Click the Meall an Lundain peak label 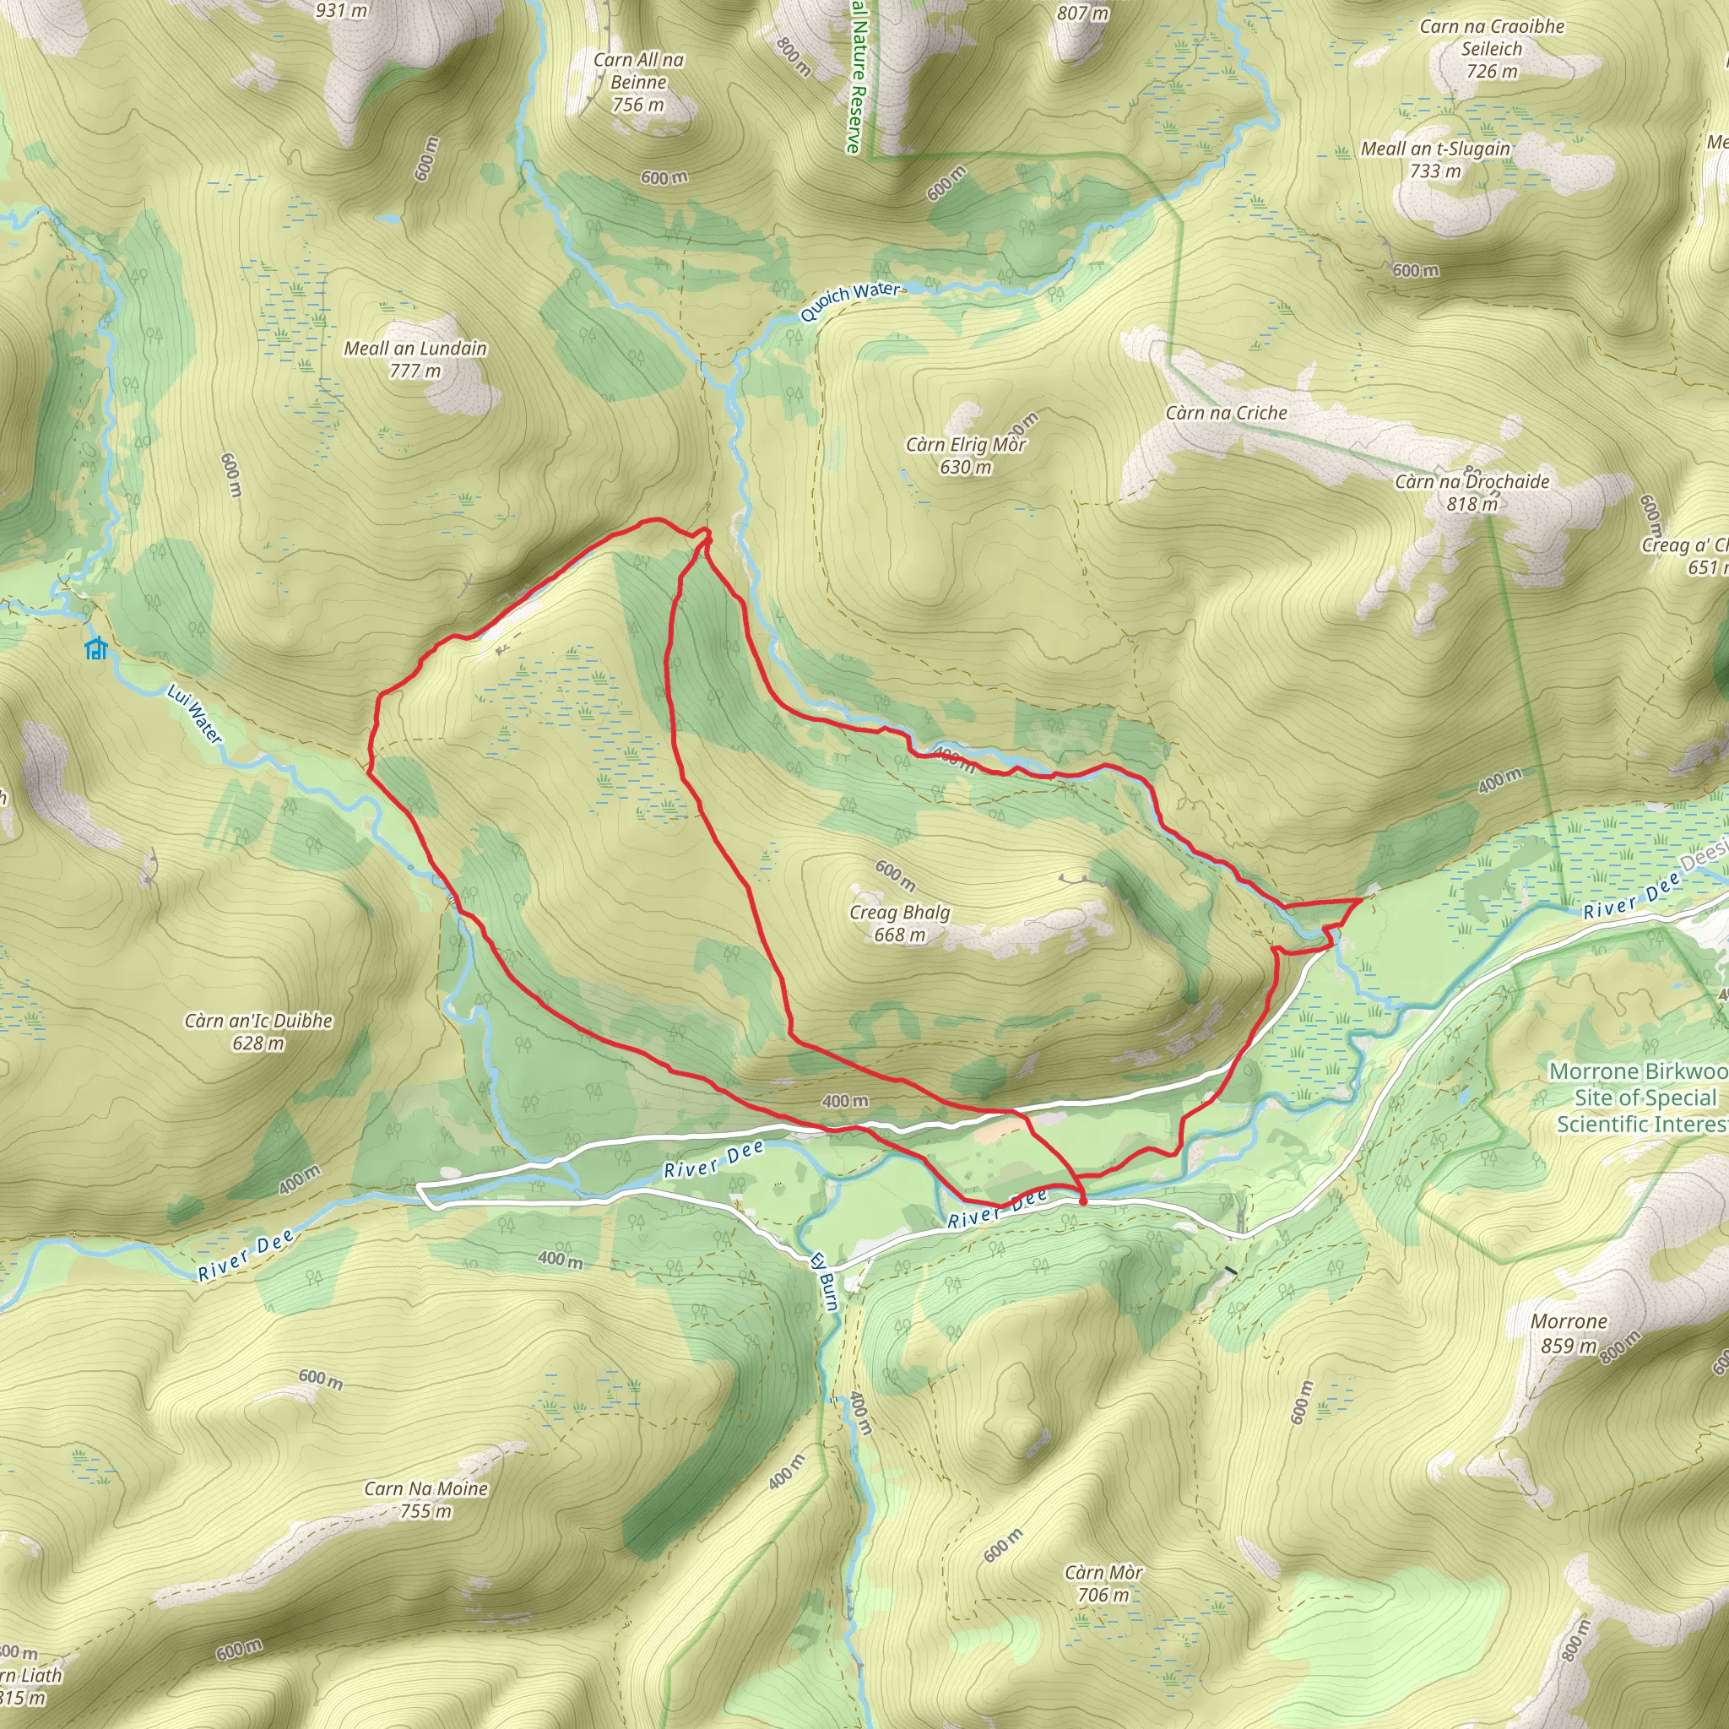click(415, 359)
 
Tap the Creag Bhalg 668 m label click(899, 923)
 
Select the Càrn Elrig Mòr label click(966, 456)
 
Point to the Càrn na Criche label click(1226, 413)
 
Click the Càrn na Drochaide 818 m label click(1472, 492)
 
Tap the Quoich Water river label click(849, 301)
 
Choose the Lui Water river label click(194, 713)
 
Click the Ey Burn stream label click(823, 1281)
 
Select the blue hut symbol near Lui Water click(95, 649)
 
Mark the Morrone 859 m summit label click(1569, 1332)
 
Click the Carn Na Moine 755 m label click(426, 1500)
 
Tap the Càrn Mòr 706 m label click(1103, 1583)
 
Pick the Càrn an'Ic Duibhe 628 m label click(258, 1031)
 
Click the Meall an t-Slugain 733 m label click(1435, 160)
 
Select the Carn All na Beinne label click(638, 81)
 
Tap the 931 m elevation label click(341, 11)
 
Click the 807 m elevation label click(1082, 13)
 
